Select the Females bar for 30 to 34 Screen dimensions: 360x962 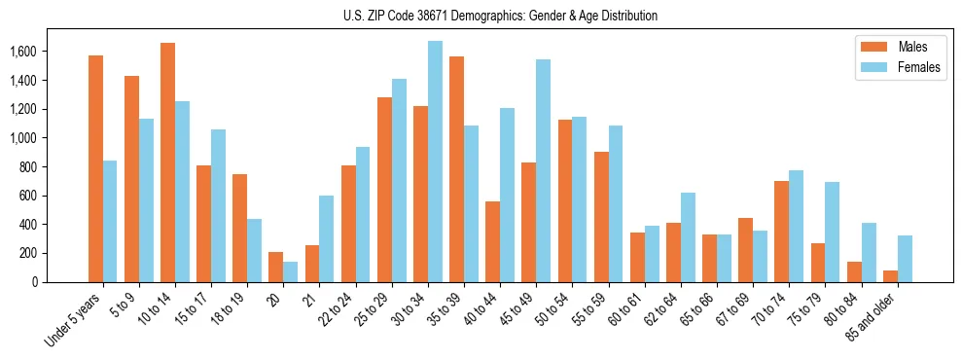point(435,162)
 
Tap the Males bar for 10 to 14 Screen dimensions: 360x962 point(167,162)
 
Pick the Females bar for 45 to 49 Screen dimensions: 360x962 point(543,170)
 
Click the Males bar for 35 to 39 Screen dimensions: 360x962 point(456,169)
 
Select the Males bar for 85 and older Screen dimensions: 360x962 point(889,276)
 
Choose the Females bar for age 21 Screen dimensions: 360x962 point(326,238)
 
